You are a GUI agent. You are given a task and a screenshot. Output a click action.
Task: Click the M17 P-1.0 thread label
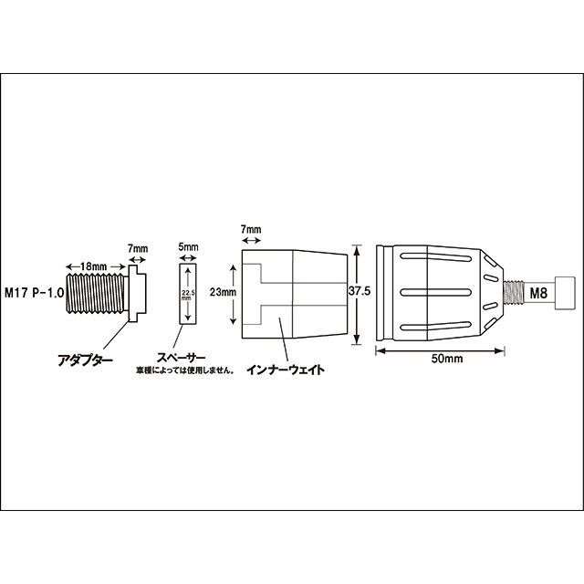click(34, 293)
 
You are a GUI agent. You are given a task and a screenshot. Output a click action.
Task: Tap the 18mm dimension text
click(93, 266)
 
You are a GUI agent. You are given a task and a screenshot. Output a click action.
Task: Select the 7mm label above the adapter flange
click(138, 248)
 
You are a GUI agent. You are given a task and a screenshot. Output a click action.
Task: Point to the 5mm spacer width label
click(188, 247)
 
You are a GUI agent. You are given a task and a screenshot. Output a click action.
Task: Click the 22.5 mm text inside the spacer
click(188, 296)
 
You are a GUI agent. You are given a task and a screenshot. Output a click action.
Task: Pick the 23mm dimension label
click(223, 292)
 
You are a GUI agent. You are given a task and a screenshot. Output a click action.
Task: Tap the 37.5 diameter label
click(360, 291)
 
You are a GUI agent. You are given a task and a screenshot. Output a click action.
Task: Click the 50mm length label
click(447, 359)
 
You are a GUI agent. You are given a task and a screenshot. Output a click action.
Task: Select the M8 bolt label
click(538, 294)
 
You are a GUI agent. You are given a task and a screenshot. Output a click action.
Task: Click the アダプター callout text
click(85, 360)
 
